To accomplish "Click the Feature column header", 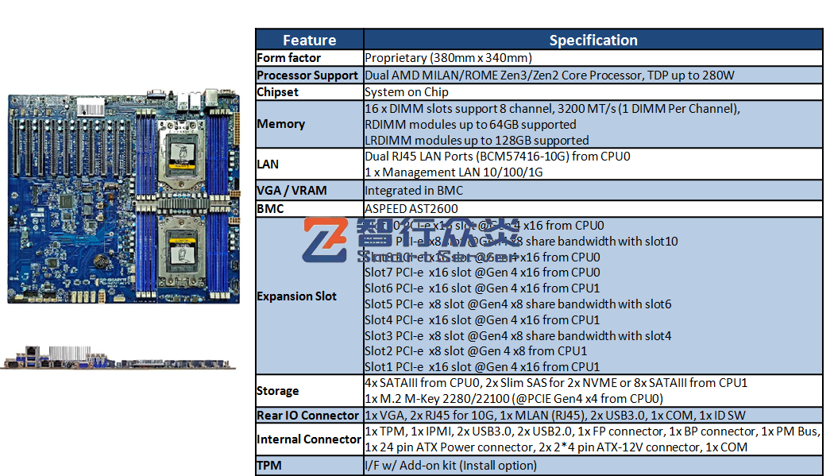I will (309, 40).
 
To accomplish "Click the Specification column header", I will (593, 40).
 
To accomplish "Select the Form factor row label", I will (289, 58).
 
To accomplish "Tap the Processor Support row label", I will (307, 75).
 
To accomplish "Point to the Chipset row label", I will (278, 92).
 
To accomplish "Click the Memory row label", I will (281, 124).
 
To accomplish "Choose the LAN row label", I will (268, 164).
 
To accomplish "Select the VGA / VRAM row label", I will (291, 191).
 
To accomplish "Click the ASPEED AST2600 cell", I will (411, 208).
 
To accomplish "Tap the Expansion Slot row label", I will (296, 296).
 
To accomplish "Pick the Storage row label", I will (278, 391).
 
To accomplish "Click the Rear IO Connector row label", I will (307, 416).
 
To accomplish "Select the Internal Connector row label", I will (309, 439).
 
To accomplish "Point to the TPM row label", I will (269, 466).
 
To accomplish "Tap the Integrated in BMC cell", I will (413, 191).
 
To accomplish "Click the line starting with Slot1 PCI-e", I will (482, 367).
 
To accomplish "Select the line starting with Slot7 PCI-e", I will (482, 273).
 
